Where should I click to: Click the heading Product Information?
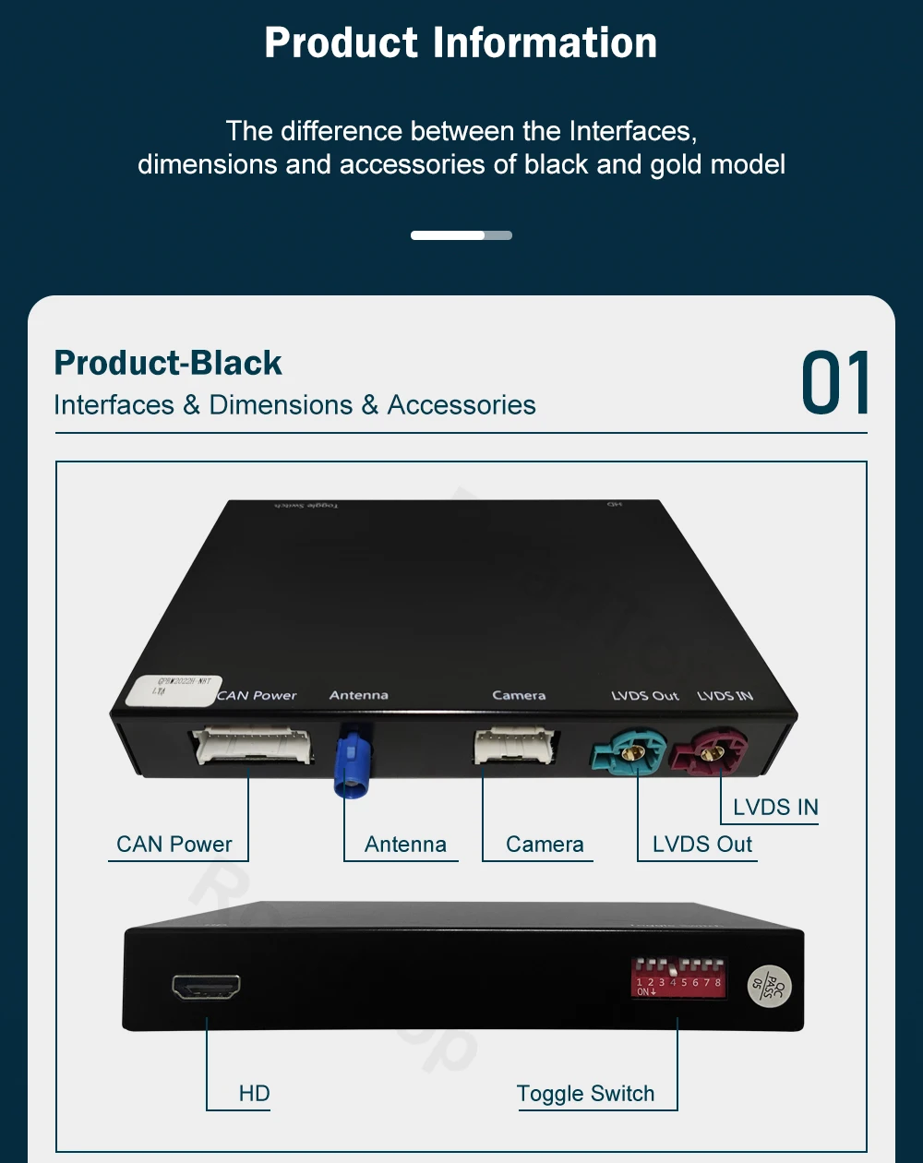click(x=461, y=43)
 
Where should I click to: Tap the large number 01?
click(x=835, y=383)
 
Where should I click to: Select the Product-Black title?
click(x=168, y=363)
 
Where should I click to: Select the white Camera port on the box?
click(x=517, y=746)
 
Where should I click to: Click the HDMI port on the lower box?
click(x=207, y=987)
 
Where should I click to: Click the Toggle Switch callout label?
click(x=585, y=1094)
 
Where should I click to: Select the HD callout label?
click(x=254, y=1094)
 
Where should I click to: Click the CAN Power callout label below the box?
click(x=174, y=845)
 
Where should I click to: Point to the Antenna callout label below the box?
click(x=405, y=845)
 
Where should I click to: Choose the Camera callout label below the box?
click(x=545, y=845)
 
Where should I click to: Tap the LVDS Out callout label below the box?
click(x=702, y=845)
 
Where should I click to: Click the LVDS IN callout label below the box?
click(x=775, y=808)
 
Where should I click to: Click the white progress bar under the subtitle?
click(x=449, y=235)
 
